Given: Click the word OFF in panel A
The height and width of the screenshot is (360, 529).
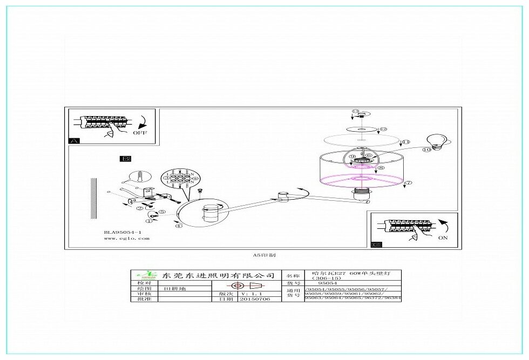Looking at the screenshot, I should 139,132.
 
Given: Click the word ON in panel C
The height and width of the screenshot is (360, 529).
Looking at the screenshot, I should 443,237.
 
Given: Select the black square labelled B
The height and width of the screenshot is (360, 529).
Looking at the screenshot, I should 125,159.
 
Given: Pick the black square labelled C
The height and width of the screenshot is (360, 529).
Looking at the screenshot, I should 376,244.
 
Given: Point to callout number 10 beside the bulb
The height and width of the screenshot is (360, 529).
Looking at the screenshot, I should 426,149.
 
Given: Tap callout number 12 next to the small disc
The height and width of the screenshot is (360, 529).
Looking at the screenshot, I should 383,130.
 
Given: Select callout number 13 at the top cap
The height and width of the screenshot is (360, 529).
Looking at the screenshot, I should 355,112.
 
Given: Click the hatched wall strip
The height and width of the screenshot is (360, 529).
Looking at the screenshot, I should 93,198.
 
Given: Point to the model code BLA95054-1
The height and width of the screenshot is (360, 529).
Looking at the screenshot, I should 123,233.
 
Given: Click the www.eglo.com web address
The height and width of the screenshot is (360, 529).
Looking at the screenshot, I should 126,238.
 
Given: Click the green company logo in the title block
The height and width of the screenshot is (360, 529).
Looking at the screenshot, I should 144,275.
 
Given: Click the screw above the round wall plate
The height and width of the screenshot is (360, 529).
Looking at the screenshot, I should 200,191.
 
